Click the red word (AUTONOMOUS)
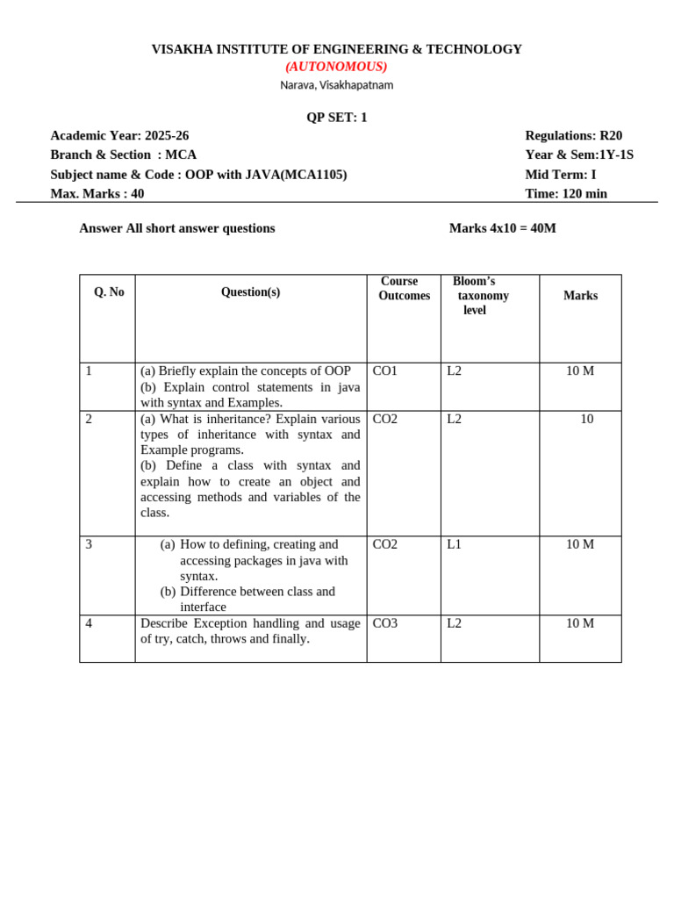(x=336, y=67)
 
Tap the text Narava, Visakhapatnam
(x=336, y=85)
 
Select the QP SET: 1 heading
(x=336, y=118)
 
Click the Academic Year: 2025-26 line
(x=119, y=135)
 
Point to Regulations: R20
(x=573, y=135)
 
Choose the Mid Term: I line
(x=560, y=175)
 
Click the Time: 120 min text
(x=565, y=194)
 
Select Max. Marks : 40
(x=97, y=194)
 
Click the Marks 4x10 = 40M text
(x=502, y=228)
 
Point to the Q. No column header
(x=109, y=292)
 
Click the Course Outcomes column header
(x=404, y=289)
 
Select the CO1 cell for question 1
(x=385, y=371)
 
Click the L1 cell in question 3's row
(x=454, y=544)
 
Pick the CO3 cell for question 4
(x=385, y=623)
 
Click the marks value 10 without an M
(x=586, y=420)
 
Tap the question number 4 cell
(x=89, y=623)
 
